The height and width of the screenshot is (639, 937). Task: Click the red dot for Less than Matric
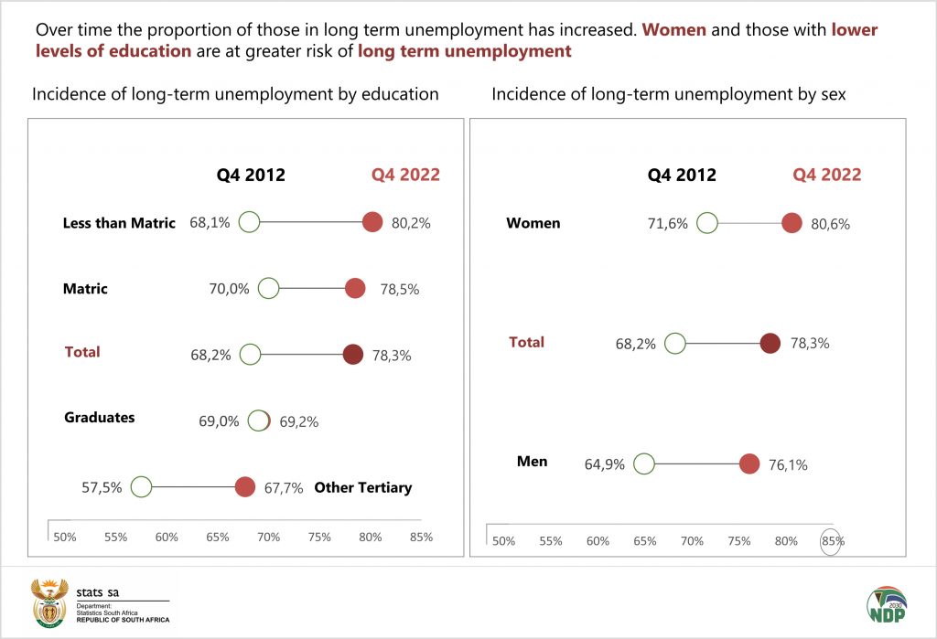(x=372, y=222)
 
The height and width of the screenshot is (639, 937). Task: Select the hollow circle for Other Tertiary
(x=141, y=486)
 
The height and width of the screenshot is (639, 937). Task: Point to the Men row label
(x=532, y=461)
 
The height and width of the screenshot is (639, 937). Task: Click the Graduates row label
(x=99, y=418)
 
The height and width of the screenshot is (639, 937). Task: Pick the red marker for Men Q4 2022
(x=749, y=463)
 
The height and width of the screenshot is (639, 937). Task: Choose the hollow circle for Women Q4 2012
(x=706, y=222)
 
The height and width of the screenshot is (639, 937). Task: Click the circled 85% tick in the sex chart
(x=832, y=540)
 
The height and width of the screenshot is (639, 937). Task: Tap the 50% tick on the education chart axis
(x=65, y=537)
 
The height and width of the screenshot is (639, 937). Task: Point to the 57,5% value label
(x=102, y=487)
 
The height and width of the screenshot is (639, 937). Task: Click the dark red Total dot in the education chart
(x=352, y=355)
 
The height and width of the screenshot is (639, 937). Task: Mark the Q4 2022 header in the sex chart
(x=826, y=175)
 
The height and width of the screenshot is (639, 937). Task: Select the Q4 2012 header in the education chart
(x=251, y=175)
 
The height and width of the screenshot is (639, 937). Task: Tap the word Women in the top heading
(x=673, y=29)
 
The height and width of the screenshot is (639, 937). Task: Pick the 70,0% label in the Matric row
(x=229, y=289)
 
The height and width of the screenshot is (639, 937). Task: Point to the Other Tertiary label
(x=362, y=487)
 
